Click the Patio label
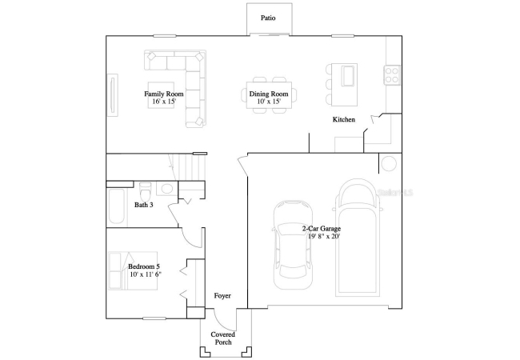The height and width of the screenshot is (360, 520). coord(268,18)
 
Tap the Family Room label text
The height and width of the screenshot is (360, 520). coord(164,94)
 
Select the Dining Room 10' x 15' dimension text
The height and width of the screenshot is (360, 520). coord(269,102)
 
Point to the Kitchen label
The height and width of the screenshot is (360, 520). coord(344,119)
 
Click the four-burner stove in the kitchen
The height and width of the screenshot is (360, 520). coord(392,75)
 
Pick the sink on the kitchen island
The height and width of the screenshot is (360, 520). coord(348,75)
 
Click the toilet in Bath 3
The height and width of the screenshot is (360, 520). coord(146,192)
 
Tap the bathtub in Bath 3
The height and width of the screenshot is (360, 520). coord(117,206)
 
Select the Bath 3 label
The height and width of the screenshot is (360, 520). coord(144,205)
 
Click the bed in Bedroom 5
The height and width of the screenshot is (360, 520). coord(133,270)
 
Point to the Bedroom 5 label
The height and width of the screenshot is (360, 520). coord(144,266)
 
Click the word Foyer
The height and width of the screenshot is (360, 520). coord(222,296)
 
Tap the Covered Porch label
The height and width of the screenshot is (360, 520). coord(223,338)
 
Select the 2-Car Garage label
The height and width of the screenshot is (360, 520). coord(322,228)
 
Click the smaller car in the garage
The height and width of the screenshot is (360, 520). coord(293,245)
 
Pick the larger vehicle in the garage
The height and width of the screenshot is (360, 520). coord(358,238)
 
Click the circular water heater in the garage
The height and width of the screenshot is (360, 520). coord(388,163)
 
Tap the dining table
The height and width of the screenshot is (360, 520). coord(269,95)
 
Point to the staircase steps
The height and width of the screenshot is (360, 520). coord(186,167)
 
